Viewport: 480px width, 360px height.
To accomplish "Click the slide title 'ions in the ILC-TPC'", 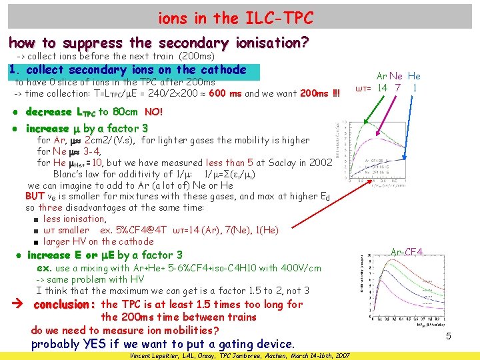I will click(235, 17).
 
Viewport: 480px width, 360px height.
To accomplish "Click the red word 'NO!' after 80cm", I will click(153, 112).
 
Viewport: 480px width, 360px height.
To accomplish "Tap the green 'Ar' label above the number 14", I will click(383, 76).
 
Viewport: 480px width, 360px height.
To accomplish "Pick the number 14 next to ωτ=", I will click(382, 88).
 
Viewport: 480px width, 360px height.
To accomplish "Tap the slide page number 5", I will click(449, 336).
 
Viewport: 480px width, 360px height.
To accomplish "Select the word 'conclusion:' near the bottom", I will click(65, 305).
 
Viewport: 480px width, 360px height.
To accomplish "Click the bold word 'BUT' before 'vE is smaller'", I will click(35, 196).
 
